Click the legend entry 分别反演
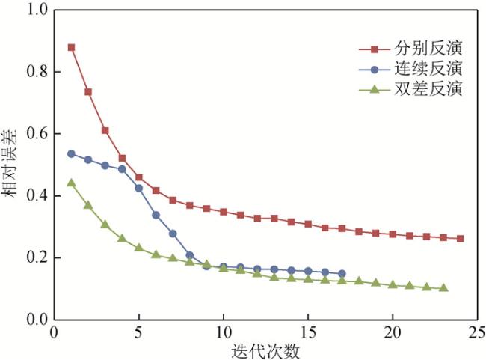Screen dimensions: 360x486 pos(426,49)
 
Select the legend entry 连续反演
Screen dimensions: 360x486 pos(426,70)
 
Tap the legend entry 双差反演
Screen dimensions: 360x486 pos(426,89)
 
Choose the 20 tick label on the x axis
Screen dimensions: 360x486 pos(393,332)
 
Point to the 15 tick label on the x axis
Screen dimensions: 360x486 pos(308,332)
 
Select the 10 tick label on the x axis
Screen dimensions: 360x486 pos(224,332)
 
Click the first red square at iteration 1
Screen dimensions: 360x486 pos(71,47)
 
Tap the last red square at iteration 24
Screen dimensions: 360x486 pos(461,239)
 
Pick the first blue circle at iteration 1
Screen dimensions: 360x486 pos(71,153)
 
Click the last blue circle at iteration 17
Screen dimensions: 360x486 pos(342,274)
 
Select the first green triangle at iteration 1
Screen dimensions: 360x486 pos(71,183)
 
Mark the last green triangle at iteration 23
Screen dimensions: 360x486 pos(444,288)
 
